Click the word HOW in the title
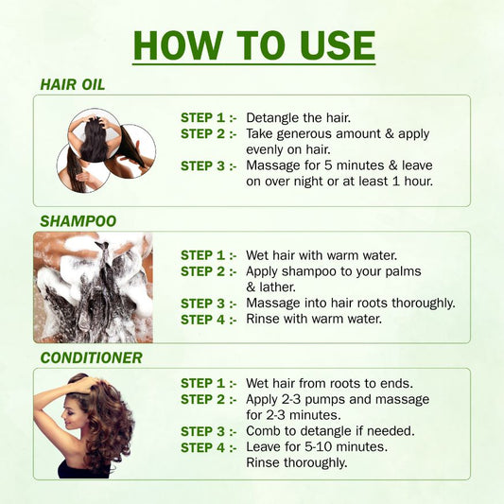point(178,45)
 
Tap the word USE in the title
point(338,45)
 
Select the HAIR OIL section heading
point(73,84)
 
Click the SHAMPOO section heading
point(78,221)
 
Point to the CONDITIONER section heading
point(92,357)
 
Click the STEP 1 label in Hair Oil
point(209,117)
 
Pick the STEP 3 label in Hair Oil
point(209,165)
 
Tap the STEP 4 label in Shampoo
point(209,320)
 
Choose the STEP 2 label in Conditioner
point(209,399)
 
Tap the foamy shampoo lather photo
point(94,287)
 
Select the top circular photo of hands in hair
point(95,135)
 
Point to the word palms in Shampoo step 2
point(403,272)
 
